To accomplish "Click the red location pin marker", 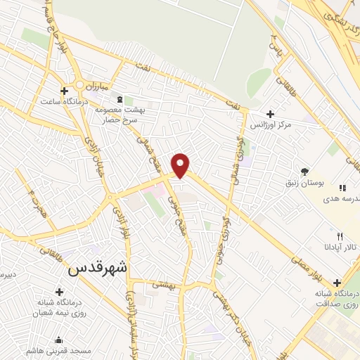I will pos(181,165).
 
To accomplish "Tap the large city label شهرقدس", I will pos(98,268).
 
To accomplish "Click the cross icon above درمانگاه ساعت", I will pos(65,91).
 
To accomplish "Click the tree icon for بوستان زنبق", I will pos(304,171).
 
